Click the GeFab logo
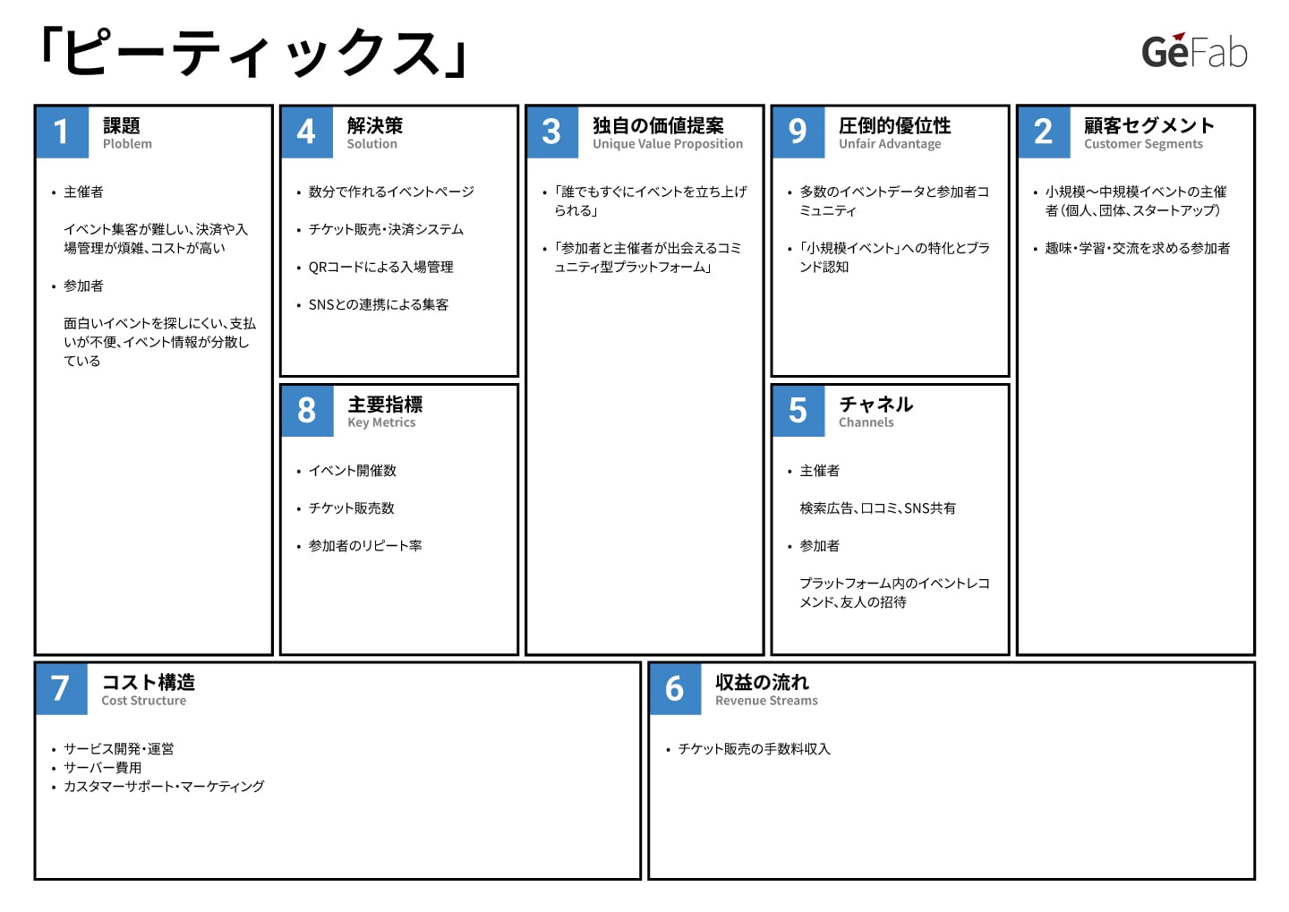(x=1194, y=51)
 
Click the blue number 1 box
(x=62, y=132)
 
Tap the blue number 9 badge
(x=798, y=132)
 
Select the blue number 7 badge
(x=62, y=689)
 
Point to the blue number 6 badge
(x=675, y=689)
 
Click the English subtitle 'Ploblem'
(x=127, y=144)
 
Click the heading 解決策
(x=374, y=125)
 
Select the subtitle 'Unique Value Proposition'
(x=668, y=144)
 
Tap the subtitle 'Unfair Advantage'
(x=890, y=144)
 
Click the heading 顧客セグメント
(x=1149, y=125)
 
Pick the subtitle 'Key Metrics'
(x=381, y=422)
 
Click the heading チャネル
(x=875, y=404)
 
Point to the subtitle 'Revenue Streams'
(x=766, y=701)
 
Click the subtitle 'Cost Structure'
(x=144, y=701)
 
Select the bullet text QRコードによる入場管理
(x=381, y=267)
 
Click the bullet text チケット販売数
(x=352, y=508)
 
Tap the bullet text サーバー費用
(x=102, y=768)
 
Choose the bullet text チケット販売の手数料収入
(x=754, y=749)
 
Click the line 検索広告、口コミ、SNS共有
(x=877, y=508)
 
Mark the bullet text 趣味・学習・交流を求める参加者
(x=1138, y=249)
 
